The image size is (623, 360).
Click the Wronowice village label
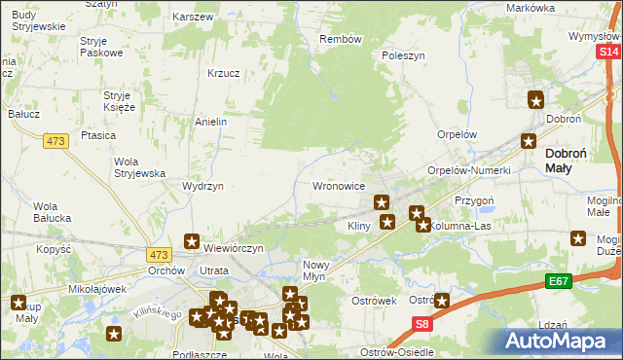click(x=338, y=184)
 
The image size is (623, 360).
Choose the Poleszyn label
click(x=404, y=56)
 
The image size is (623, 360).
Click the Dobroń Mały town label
click(x=571, y=160)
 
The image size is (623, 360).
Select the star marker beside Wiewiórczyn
click(x=192, y=240)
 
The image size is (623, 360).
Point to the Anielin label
click(x=211, y=122)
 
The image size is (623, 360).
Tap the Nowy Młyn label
click(x=322, y=270)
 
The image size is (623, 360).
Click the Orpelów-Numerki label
click(x=469, y=170)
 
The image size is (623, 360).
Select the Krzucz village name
click(x=224, y=72)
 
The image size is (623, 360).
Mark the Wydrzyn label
click(x=203, y=186)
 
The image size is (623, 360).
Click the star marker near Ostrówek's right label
click(x=443, y=302)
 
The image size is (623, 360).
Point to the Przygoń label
click(x=475, y=199)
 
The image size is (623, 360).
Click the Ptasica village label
click(x=99, y=136)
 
